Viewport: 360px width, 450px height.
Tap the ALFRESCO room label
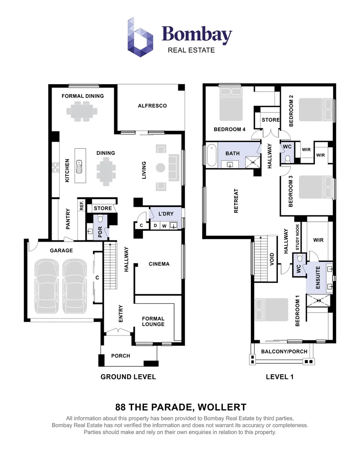(152, 106)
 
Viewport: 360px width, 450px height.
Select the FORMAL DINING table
(82, 111)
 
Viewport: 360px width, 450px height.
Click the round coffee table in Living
(161, 167)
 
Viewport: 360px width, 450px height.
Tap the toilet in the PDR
(100, 220)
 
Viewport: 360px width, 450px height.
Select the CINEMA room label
(159, 264)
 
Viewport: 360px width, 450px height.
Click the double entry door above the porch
(118, 332)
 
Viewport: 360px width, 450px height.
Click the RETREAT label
(236, 201)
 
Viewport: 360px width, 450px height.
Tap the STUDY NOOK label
(297, 237)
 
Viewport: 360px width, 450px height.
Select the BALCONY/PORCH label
(284, 351)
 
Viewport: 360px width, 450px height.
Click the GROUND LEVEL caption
(128, 377)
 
